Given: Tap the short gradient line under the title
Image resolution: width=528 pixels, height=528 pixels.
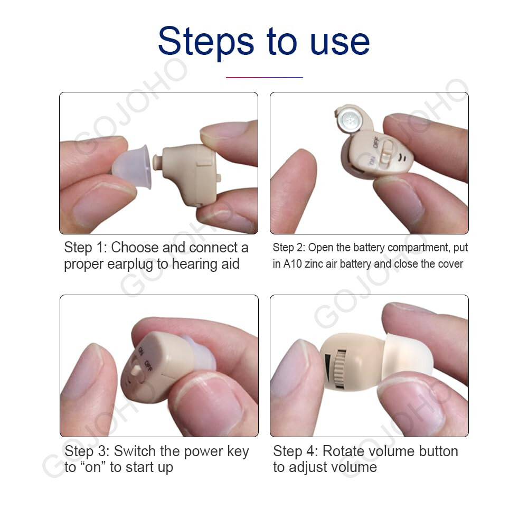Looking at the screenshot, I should (264, 77).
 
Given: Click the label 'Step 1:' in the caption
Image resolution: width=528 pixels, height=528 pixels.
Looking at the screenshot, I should (85, 248).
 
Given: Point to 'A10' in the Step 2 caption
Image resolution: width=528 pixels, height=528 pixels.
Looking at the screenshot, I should (293, 264).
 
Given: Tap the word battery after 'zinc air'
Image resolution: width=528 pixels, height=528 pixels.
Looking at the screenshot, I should (359, 264).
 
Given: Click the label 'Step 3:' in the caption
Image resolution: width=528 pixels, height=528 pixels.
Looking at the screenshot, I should (86, 451).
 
